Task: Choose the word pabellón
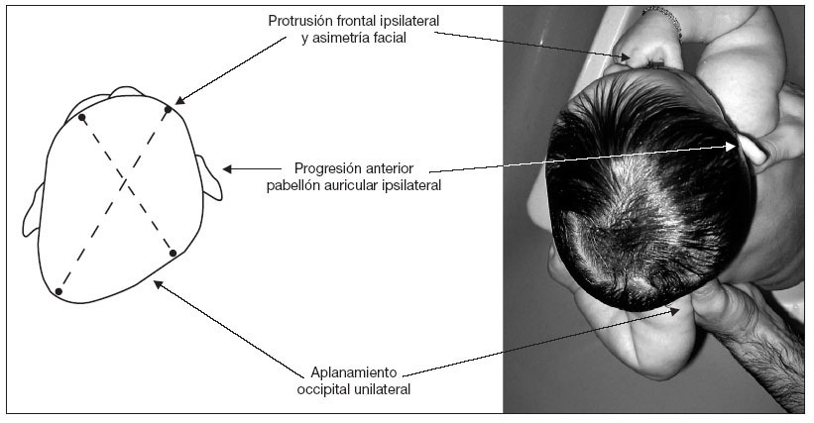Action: pyautogui.click(x=296, y=184)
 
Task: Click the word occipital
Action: pyautogui.click(x=328, y=390)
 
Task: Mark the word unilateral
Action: pyautogui.click(x=385, y=390)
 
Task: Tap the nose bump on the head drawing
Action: pyautogui.click(x=125, y=94)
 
